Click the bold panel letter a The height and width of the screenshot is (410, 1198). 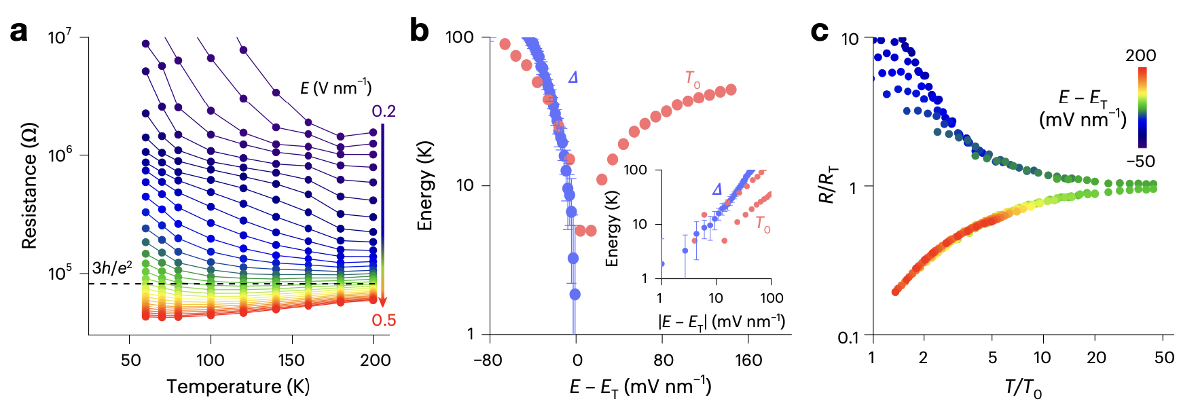(18, 32)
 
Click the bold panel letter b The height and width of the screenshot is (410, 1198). (420, 31)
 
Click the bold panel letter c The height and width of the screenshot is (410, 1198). (820, 31)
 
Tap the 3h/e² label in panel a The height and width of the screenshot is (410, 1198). (112, 268)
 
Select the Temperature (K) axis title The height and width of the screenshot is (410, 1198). (238, 387)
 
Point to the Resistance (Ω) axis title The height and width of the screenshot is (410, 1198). (29, 185)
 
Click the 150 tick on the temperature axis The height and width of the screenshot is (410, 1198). (291, 360)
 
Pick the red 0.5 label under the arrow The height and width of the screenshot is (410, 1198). (384, 320)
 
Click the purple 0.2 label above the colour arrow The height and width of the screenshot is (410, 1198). (384, 111)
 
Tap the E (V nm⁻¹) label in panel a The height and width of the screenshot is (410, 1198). (335, 88)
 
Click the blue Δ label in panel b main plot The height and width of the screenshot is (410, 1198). (573, 77)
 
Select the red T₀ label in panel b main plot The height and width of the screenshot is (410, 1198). (693, 80)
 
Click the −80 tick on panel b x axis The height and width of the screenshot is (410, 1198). (488, 360)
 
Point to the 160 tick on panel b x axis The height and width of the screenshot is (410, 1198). (748, 360)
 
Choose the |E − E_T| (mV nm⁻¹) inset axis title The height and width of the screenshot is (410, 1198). (722, 321)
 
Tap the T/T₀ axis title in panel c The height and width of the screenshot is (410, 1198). (1023, 388)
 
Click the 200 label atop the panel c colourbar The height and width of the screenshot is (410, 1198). (1140, 56)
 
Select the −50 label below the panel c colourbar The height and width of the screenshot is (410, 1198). (1140, 162)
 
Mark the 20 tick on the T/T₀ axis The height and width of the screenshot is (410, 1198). (1096, 358)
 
